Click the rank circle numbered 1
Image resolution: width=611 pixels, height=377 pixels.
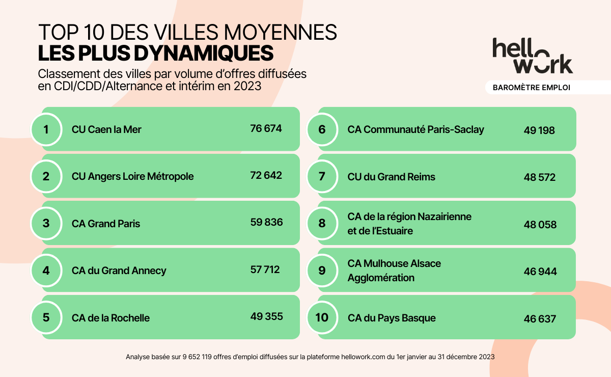(x=46, y=129)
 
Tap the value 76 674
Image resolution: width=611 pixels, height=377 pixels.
(x=266, y=128)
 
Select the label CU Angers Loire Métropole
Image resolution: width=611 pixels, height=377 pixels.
(x=132, y=177)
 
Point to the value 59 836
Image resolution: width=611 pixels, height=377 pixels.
(x=266, y=223)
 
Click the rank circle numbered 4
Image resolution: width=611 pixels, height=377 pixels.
(x=46, y=271)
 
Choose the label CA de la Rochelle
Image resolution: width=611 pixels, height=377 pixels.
(x=111, y=318)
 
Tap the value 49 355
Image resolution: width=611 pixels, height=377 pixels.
(x=266, y=316)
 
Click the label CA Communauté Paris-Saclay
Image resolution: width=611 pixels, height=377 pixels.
(x=415, y=129)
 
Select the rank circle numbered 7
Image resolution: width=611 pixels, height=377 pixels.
(x=322, y=177)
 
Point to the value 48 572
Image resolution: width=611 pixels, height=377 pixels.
(x=539, y=178)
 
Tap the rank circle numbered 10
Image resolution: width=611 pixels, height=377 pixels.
(x=322, y=318)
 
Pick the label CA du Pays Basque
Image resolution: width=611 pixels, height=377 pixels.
(x=392, y=318)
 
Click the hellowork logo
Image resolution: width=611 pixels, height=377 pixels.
(x=532, y=56)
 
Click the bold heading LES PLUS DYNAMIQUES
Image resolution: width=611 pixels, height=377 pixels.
(x=156, y=53)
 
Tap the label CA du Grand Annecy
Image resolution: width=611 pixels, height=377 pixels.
(x=119, y=271)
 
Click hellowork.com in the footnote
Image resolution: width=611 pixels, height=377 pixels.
(x=360, y=357)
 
